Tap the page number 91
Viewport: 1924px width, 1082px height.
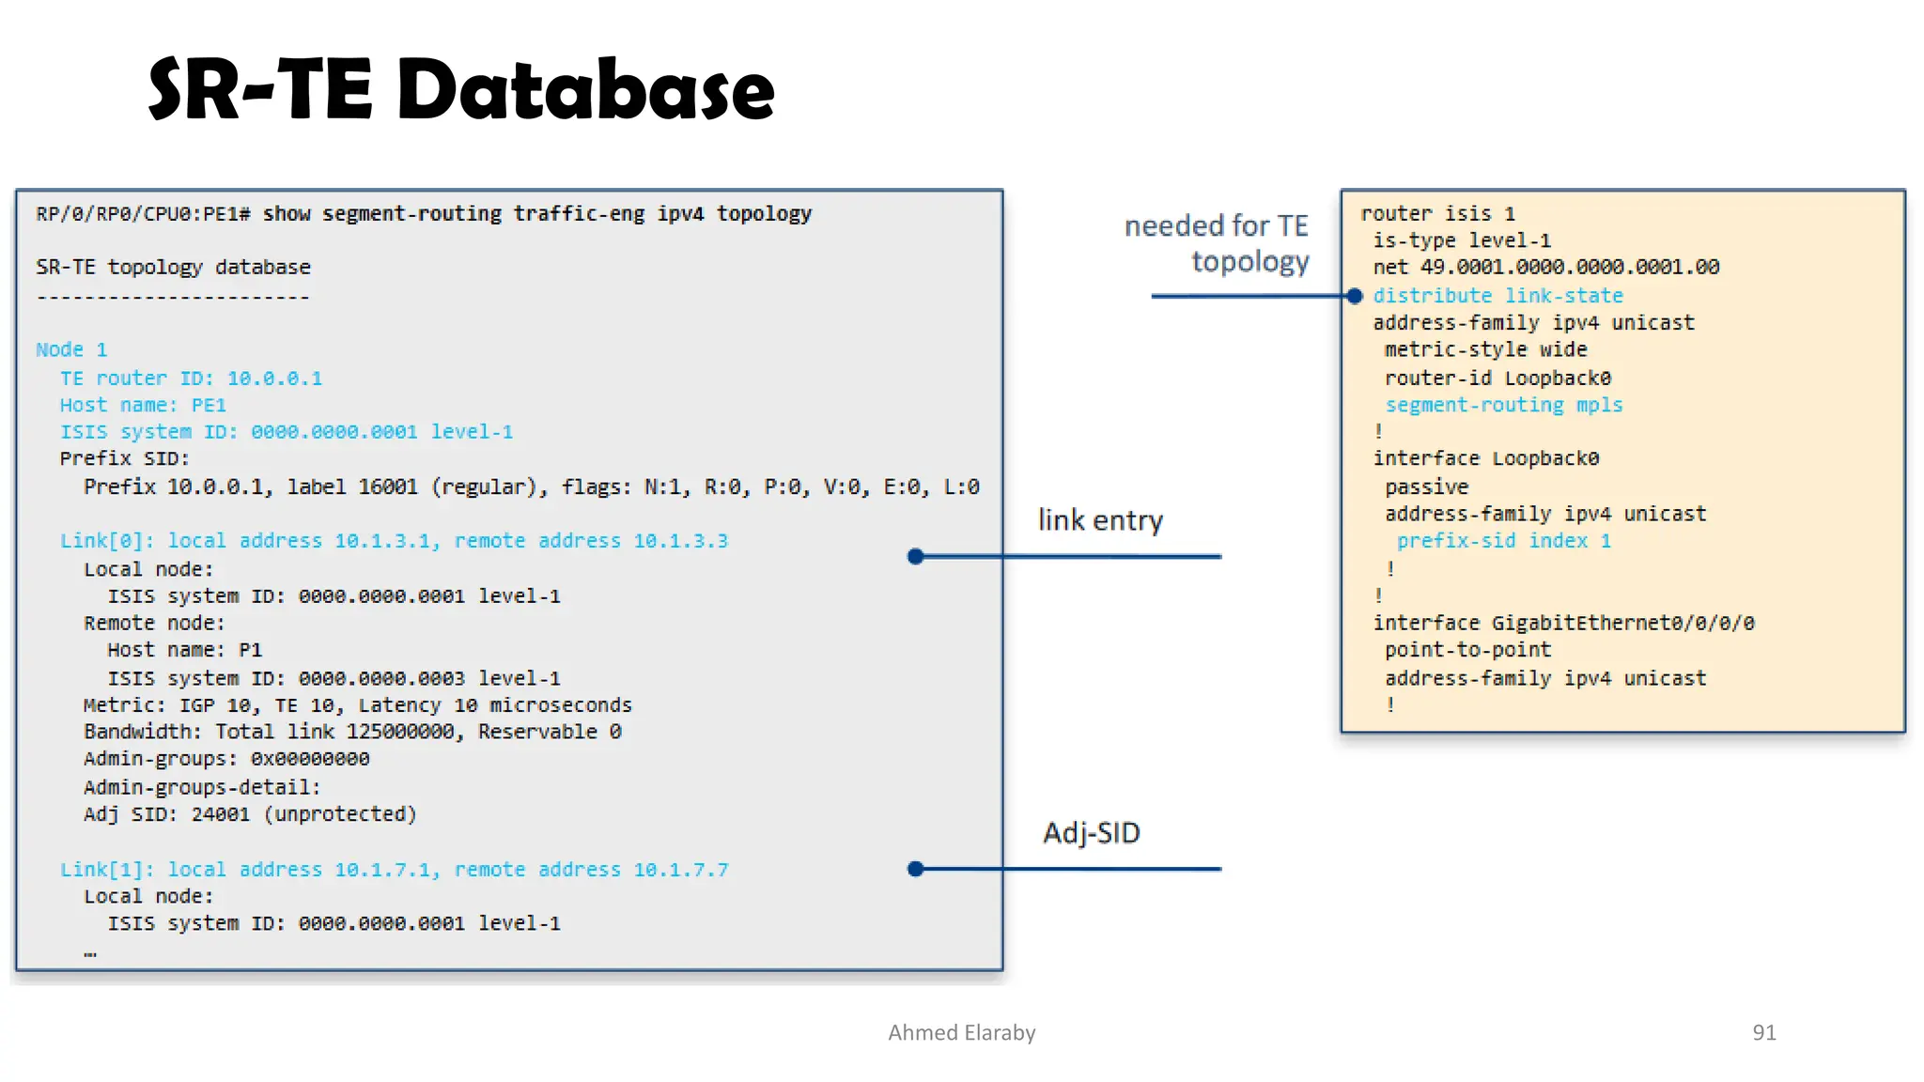coord(1763,1032)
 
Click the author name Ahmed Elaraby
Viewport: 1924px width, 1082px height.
coord(961,1032)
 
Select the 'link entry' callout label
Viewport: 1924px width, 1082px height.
coord(1100,520)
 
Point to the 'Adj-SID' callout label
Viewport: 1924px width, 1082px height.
coord(1091,833)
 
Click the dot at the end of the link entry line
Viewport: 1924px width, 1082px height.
coord(916,557)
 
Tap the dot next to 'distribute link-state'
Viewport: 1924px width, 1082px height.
coord(1355,297)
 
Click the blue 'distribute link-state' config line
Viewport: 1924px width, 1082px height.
coord(1497,296)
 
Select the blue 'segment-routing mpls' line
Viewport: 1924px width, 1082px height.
coord(1503,405)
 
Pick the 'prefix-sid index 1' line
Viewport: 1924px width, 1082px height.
coord(1503,541)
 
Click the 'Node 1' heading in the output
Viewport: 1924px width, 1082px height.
coord(71,350)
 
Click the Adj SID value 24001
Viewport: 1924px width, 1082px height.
coord(221,814)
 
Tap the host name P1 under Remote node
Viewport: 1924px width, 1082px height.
coord(250,650)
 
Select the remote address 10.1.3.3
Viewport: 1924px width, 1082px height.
coord(680,541)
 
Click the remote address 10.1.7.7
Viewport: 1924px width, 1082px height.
coord(680,870)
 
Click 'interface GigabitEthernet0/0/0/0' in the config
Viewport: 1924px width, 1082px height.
coord(1563,624)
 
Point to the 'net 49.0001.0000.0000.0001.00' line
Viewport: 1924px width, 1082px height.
coord(1545,268)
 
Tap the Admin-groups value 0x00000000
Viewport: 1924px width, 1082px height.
coord(310,759)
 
